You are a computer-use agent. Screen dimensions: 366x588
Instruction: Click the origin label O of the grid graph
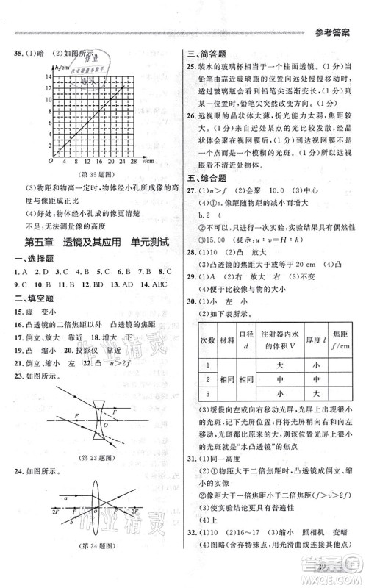tap(50, 160)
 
